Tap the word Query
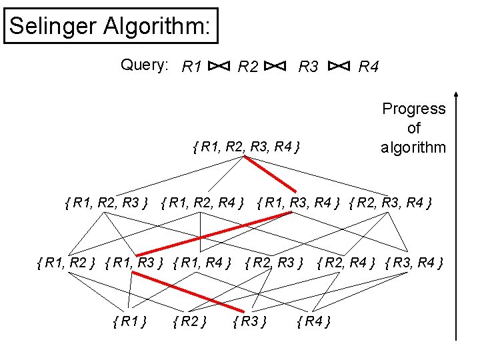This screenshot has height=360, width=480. pyautogui.click(x=144, y=65)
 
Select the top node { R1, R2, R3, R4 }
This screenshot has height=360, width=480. pyautogui.click(x=245, y=145)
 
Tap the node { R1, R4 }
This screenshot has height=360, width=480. pyautogui.click(x=202, y=263)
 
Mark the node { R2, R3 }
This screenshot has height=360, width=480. pyautogui.click(x=275, y=263)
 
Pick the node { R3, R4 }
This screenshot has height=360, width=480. pyautogui.click(x=414, y=263)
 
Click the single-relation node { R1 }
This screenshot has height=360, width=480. pyautogui.click(x=130, y=323)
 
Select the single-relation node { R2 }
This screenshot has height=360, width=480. pyautogui.click(x=189, y=323)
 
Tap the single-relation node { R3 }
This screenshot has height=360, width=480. pyautogui.click(x=250, y=323)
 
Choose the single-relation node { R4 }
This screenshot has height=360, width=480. pyautogui.click(x=313, y=323)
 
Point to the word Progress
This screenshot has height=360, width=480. pyautogui.click(x=413, y=109)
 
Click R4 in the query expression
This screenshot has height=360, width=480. pyautogui.click(x=369, y=67)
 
